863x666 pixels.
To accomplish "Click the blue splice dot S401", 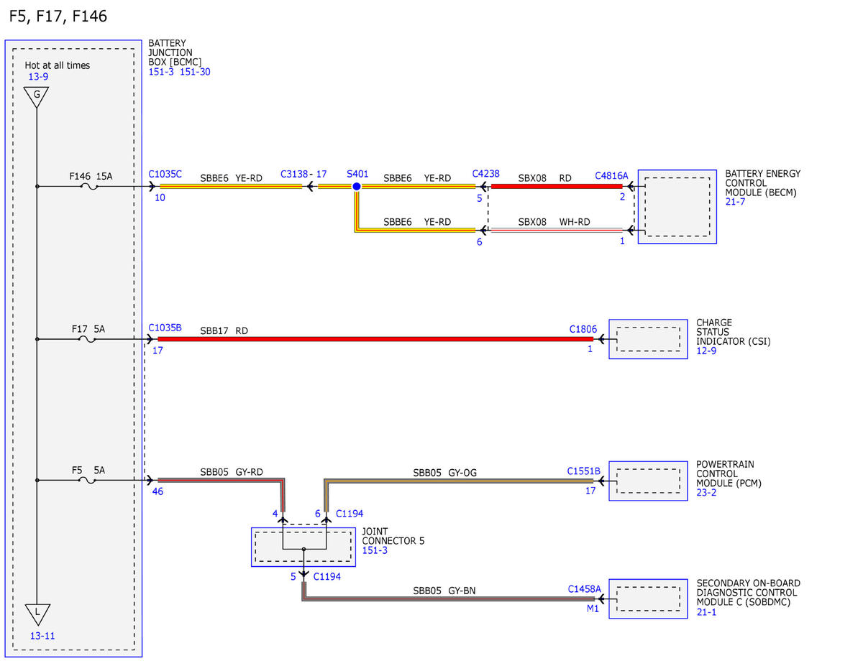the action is pyautogui.click(x=356, y=186).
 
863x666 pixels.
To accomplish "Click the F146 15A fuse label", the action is pyautogui.click(x=91, y=176).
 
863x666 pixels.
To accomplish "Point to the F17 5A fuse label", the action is pyautogui.click(x=88, y=329).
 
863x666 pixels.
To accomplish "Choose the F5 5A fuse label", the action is pyautogui.click(x=88, y=470).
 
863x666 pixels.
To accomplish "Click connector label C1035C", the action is pyautogui.click(x=165, y=174).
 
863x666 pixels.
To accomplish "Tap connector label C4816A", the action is pyautogui.click(x=611, y=176).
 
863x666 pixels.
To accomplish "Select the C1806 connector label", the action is pyautogui.click(x=583, y=329).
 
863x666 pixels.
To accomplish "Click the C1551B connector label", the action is pyautogui.click(x=583, y=471).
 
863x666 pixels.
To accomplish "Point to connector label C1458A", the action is pyautogui.click(x=584, y=589).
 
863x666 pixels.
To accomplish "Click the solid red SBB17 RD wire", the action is pyautogui.click(x=375, y=339).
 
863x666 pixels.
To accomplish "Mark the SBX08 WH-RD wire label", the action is pyautogui.click(x=554, y=222).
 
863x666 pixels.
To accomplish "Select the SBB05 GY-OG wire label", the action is pyautogui.click(x=444, y=473).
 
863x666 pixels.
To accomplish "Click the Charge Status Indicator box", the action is pyautogui.click(x=648, y=339).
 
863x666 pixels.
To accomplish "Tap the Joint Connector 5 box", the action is pyautogui.click(x=303, y=547).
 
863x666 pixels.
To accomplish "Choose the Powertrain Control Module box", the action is pyautogui.click(x=648, y=481).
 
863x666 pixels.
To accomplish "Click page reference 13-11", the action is pyautogui.click(x=42, y=636).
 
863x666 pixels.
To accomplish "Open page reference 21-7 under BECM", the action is pyautogui.click(x=735, y=202).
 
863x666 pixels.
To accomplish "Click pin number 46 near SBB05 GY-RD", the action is pyautogui.click(x=157, y=491).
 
